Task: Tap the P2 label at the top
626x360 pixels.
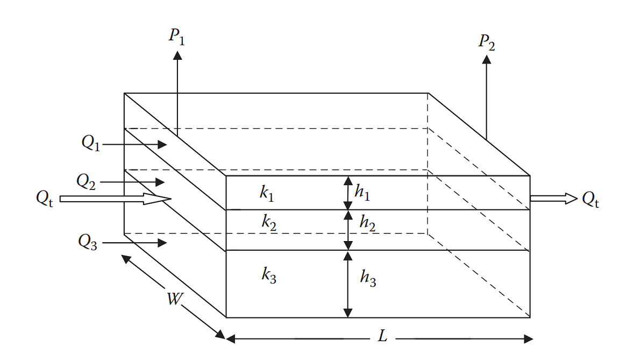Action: tap(487, 43)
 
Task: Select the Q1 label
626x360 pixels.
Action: tap(91, 143)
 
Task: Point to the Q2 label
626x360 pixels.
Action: tap(86, 181)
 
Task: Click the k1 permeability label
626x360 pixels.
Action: tap(267, 193)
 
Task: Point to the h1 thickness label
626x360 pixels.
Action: tap(362, 194)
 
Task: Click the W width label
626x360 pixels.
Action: tap(173, 299)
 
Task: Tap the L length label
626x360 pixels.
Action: tap(382, 337)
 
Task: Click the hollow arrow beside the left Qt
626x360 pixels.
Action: tap(115, 199)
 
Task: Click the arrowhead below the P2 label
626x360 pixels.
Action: tap(487, 60)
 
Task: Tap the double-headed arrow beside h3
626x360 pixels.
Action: tap(348, 285)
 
